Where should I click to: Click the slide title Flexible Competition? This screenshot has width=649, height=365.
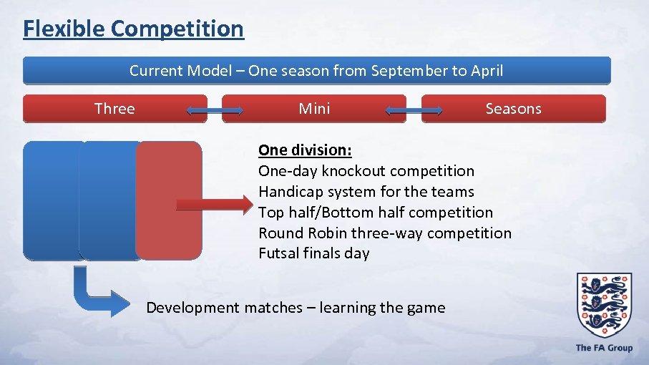pos(133,29)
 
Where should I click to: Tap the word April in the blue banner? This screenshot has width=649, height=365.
pos(486,71)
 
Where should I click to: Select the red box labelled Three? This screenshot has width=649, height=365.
pos(115,109)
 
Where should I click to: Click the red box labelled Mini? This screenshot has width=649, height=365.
pos(314,109)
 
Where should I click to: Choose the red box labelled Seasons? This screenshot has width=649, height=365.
pos(513,109)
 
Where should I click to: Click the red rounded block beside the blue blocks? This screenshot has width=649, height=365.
pos(169,200)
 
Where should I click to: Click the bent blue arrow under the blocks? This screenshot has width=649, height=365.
pos(97,294)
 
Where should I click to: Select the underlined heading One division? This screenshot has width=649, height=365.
pos(305,150)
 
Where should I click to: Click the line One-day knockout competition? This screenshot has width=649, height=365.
pos(366,171)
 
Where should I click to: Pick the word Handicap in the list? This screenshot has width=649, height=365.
pos(288,192)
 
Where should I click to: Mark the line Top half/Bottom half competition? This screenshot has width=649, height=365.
pos(375,213)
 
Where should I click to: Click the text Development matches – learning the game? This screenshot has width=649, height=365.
pos(295,308)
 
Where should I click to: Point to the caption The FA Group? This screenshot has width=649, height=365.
pos(604,348)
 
